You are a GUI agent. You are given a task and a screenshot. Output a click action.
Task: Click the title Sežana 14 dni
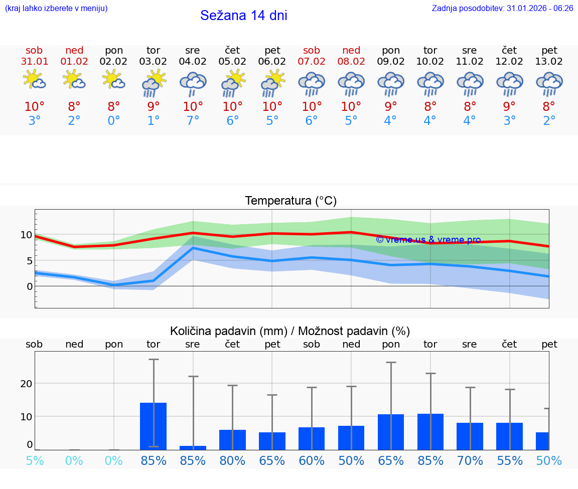pyautogui.click(x=243, y=16)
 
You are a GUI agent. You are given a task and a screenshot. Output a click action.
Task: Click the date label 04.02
pyautogui.click(x=192, y=62)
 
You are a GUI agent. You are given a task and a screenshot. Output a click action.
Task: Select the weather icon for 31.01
pyautogui.click(x=34, y=80)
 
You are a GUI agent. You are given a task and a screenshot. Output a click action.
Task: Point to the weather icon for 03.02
pyautogui.click(x=153, y=82)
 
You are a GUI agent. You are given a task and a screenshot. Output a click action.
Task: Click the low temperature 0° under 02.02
pyautogui.click(x=113, y=121)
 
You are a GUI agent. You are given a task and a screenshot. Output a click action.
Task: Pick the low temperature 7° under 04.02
pyautogui.click(x=193, y=121)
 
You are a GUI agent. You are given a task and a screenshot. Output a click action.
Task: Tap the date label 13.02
pyautogui.click(x=549, y=62)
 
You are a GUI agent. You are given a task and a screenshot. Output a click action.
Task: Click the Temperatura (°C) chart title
pyautogui.click(x=291, y=201)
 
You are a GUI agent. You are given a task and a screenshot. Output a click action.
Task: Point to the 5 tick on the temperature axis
pyautogui.click(x=29, y=261)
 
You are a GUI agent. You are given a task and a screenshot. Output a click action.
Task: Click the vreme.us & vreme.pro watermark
pyautogui.click(x=428, y=240)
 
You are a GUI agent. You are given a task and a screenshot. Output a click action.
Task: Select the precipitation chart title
pyautogui.click(x=290, y=331)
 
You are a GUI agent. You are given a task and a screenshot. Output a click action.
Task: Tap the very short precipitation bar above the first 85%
pyautogui.click(x=193, y=447)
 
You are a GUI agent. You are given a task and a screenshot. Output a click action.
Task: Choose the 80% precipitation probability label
pyautogui.click(x=232, y=461)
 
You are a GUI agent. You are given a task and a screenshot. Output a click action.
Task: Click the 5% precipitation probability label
pyautogui.click(x=34, y=461)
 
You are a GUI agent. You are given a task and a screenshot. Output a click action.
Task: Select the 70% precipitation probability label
pyautogui.click(x=470, y=461)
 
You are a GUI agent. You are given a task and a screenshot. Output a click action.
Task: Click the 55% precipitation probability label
pyautogui.click(x=509, y=461)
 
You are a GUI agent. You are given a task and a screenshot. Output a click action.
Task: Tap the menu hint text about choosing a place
pyautogui.click(x=56, y=8)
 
